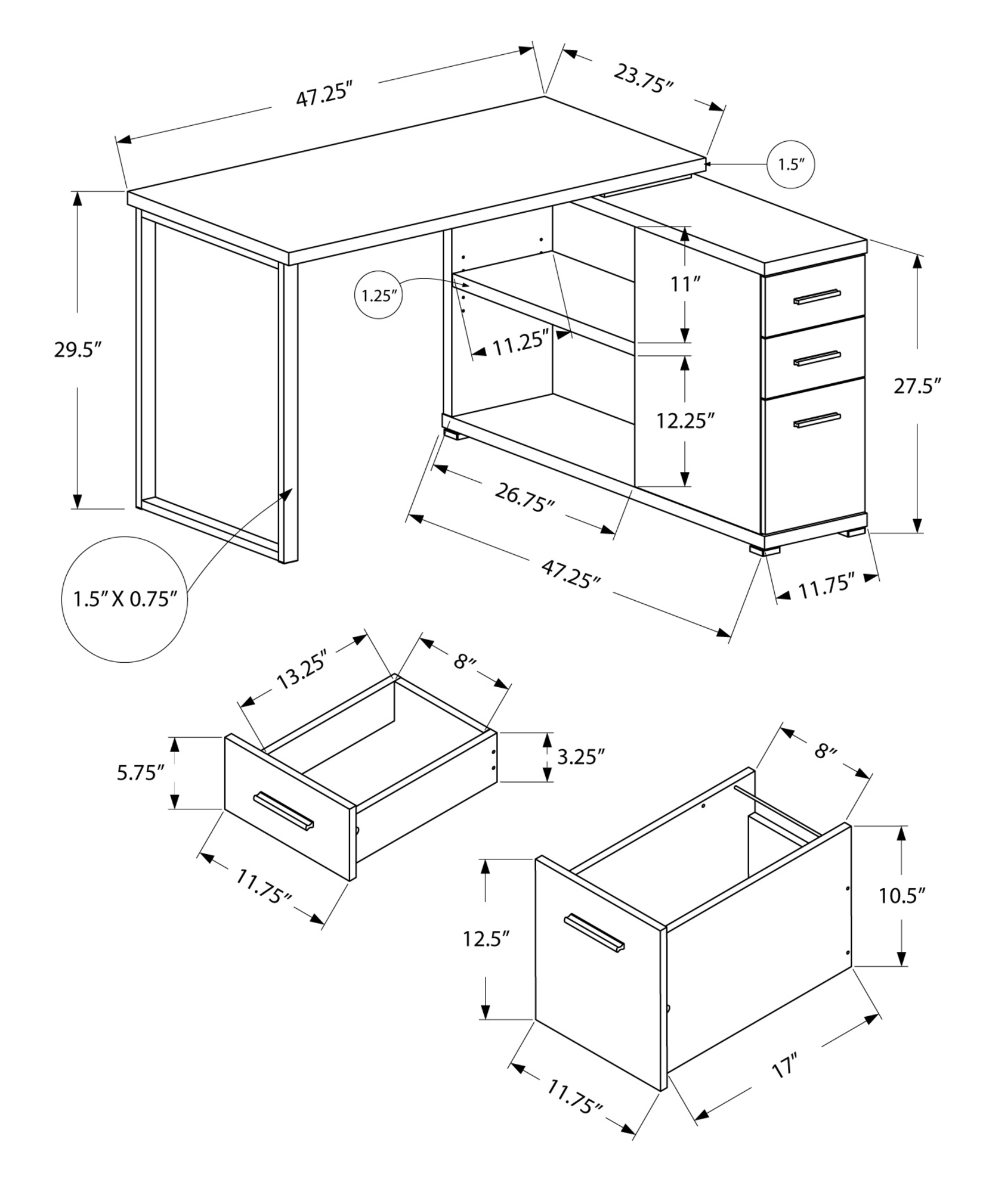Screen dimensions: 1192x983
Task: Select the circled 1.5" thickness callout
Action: point(790,165)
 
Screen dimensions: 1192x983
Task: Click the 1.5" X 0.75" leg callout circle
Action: point(125,598)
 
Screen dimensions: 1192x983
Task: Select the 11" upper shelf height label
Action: point(684,284)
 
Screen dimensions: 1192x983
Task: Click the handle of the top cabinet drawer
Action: point(817,297)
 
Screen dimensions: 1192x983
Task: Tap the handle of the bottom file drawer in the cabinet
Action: point(817,420)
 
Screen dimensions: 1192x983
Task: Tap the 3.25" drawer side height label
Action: point(581,757)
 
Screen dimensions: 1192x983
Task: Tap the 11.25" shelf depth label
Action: point(520,344)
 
